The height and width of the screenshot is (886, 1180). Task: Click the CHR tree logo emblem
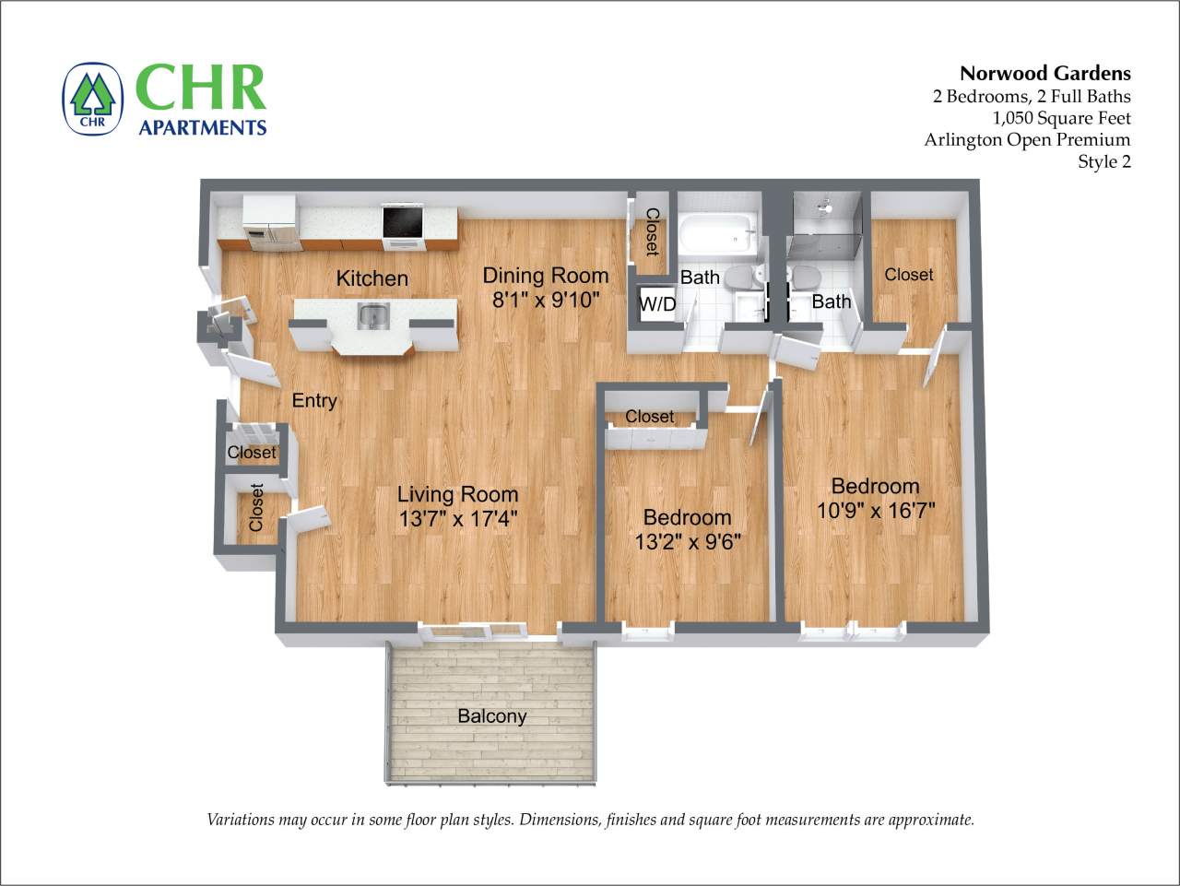[92, 99]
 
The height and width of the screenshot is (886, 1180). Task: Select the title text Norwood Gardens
[1044, 74]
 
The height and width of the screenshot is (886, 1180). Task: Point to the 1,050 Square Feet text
[1061, 118]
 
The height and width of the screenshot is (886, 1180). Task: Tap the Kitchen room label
[372, 278]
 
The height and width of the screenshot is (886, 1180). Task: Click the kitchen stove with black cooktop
[403, 224]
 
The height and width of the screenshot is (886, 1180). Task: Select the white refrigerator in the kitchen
[270, 223]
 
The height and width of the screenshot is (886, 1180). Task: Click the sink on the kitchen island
[373, 317]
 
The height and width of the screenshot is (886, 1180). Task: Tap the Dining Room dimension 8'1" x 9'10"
[546, 300]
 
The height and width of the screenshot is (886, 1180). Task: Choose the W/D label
[657, 304]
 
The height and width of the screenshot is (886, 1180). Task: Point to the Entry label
[314, 400]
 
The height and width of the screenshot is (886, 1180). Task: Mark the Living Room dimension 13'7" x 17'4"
[457, 519]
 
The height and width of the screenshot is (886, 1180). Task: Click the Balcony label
[492, 716]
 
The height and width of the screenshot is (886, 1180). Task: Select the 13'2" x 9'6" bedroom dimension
[688, 541]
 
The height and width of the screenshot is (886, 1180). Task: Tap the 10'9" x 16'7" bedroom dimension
[876, 510]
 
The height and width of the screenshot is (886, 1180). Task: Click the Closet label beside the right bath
[909, 275]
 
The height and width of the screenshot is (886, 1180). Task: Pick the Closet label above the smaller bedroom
[650, 417]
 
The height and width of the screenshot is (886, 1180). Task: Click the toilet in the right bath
[806, 278]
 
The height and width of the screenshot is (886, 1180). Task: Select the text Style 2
[1103, 162]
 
